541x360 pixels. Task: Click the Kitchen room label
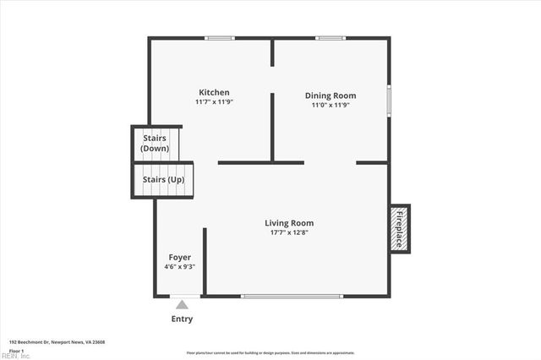tap(214, 92)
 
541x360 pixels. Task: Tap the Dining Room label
tap(330, 95)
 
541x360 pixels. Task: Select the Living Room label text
tap(289, 223)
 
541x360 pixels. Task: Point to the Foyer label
tap(179, 257)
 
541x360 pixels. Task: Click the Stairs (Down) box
tap(156, 142)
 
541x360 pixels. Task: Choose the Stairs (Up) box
tap(163, 180)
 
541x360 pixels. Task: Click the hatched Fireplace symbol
tap(400, 228)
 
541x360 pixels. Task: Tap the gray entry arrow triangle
tap(182, 305)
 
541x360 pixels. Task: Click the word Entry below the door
tap(182, 319)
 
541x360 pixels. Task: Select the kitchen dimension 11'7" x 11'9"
tap(214, 101)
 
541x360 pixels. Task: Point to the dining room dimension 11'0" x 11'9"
tap(330, 105)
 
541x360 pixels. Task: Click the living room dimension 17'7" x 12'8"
tap(289, 232)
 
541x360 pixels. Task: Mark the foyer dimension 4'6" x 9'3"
tap(179, 266)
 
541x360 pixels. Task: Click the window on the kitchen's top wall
tap(220, 38)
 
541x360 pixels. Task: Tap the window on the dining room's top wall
tap(331, 38)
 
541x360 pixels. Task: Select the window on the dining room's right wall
tap(389, 100)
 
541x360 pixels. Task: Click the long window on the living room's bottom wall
tap(292, 296)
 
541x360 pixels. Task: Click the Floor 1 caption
tap(16, 349)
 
